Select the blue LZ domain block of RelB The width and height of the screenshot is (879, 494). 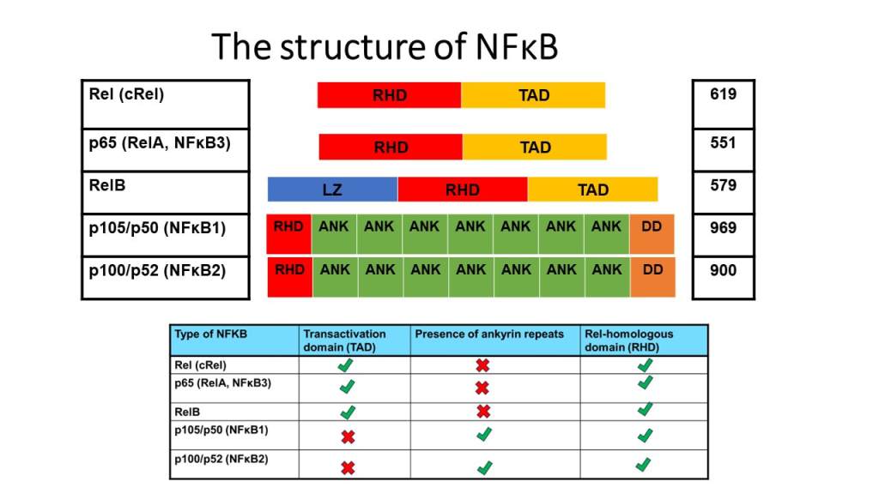(332, 190)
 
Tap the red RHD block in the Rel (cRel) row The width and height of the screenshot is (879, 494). (389, 95)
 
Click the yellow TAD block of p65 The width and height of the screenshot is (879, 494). (535, 148)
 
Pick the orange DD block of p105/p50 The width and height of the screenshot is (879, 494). (652, 234)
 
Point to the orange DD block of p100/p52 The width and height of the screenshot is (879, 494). (652, 277)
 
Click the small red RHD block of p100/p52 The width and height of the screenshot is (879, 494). (289, 277)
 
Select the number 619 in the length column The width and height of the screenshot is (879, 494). (723, 94)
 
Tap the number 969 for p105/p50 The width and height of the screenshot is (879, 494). (723, 228)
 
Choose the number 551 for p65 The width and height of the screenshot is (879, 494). (723, 142)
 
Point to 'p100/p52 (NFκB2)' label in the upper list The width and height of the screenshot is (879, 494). (157, 269)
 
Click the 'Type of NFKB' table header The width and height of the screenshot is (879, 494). (210, 334)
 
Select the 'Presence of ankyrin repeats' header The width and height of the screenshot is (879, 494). (489, 334)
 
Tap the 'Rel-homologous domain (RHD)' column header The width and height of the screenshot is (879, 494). (628, 340)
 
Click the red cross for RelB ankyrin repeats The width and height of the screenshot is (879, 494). (482, 412)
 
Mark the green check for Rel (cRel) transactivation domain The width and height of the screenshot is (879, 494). (348, 365)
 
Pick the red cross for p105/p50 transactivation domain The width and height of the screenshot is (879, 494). (348, 437)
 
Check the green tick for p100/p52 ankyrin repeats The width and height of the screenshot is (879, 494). (484, 467)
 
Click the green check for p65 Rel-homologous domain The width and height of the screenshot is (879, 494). (644, 383)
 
